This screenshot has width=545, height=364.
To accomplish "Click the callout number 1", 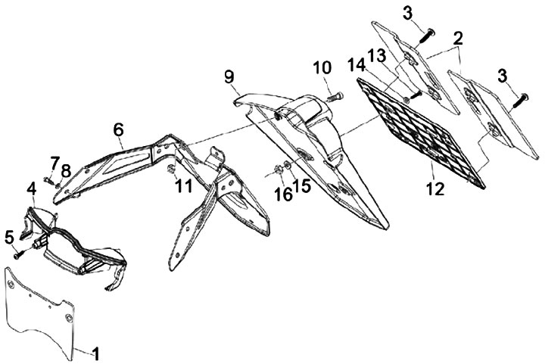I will click(95, 352).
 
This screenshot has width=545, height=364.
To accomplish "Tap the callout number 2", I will click(459, 38).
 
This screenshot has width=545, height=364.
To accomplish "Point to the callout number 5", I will click(8, 236).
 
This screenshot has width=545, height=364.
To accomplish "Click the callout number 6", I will click(118, 130).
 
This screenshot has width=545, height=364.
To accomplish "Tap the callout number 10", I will click(322, 67).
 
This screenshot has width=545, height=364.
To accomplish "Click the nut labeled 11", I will click(173, 167).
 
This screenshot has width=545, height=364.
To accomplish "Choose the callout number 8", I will click(67, 170).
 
